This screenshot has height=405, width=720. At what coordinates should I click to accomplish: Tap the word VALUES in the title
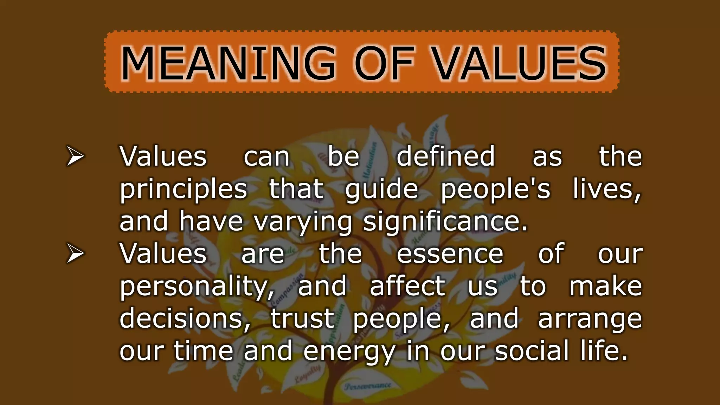pos(519,63)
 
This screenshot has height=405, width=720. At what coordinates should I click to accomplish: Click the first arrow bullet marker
pos(75,157)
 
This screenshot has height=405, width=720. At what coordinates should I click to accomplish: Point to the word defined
pos(445,156)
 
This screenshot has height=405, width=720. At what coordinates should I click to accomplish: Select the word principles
pos(184,189)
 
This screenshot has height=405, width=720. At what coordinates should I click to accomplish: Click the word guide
pos(382,189)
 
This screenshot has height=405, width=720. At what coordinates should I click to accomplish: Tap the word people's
pos(495,189)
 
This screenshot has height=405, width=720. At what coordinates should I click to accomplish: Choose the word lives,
pos(607,189)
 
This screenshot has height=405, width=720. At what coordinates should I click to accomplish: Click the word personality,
pos(197,287)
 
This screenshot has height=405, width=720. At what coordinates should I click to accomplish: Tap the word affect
pos(407,286)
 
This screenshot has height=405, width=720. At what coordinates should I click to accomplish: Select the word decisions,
pos(185,319)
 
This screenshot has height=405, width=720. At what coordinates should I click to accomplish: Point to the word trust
pos(302,319)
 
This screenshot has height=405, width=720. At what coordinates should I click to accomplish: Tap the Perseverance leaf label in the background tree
pos(368,386)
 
